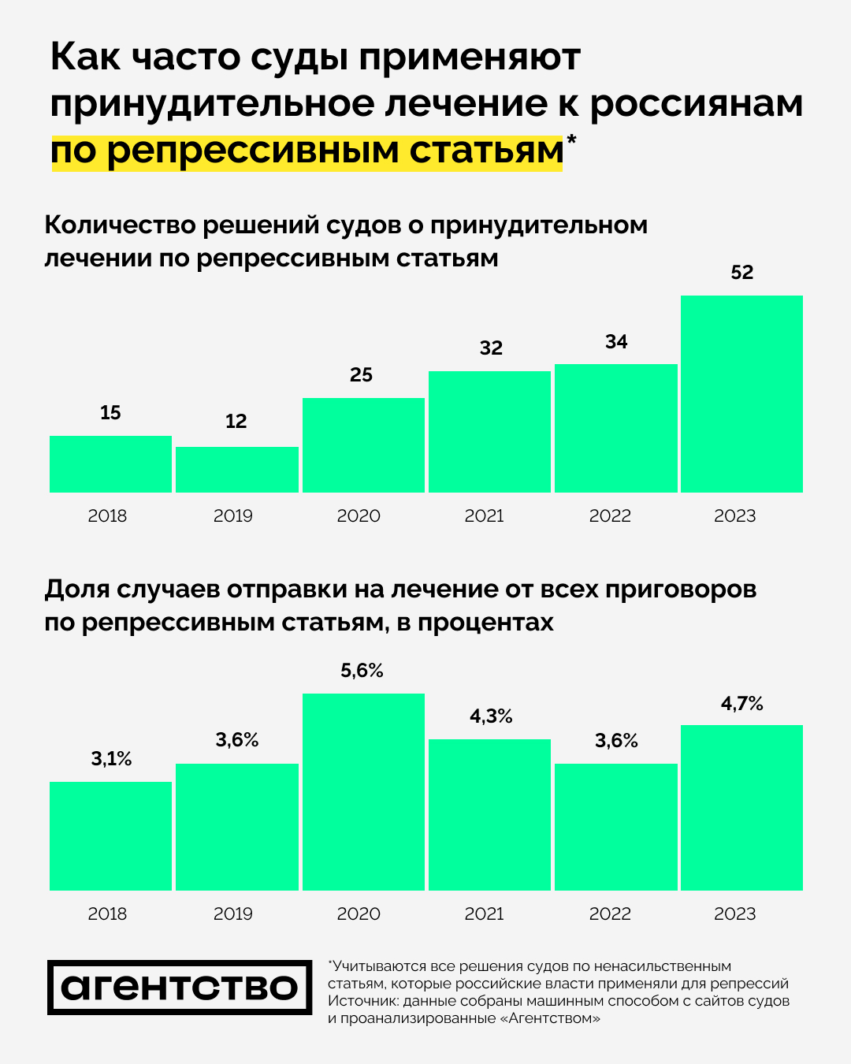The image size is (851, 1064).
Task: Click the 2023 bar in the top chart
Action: [741, 394]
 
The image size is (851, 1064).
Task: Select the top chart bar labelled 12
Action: [236, 470]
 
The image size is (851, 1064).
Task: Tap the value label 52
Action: [742, 273]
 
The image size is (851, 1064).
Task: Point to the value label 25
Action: [361, 375]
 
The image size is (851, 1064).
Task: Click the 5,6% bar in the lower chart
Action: [363, 792]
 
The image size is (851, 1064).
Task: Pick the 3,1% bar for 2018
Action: [110, 836]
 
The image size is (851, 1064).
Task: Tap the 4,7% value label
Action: [742, 704]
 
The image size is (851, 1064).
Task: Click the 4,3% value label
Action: [491, 716]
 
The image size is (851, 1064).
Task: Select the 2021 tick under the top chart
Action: [484, 516]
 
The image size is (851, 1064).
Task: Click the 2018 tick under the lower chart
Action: [107, 914]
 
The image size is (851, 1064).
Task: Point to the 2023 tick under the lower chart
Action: [734, 914]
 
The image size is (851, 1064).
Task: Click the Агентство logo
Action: [180, 988]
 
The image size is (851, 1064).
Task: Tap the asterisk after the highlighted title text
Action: [571, 141]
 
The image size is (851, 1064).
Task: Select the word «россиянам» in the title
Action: [697, 105]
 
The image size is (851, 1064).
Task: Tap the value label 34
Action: [616, 342]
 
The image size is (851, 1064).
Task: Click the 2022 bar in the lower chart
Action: [616, 827]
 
